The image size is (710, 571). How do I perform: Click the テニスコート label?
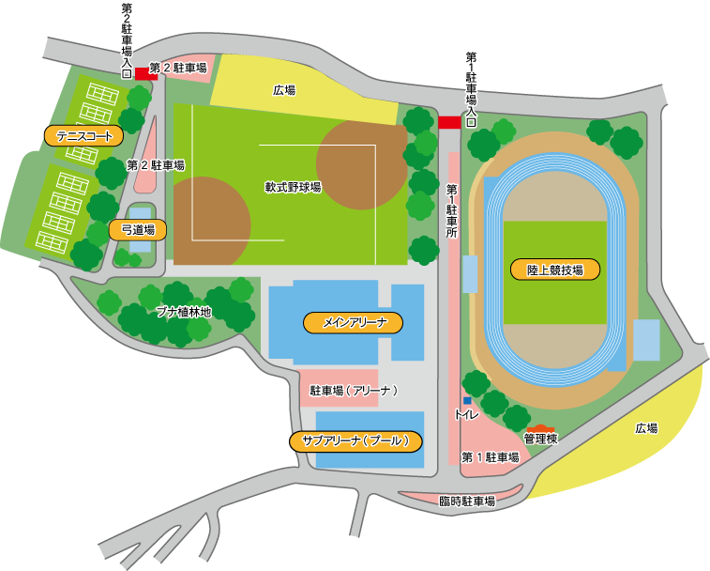coord(83,136)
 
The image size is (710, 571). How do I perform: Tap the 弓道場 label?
coord(138,228)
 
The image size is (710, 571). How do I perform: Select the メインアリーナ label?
coord(353,323)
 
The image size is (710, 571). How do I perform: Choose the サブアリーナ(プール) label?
coord(355,440)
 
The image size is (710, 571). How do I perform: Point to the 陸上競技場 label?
coord(554,270)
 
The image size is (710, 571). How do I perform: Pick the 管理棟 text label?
coord(541,439)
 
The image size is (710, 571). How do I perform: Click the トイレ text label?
coord(466,414)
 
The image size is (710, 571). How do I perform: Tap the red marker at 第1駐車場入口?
coord(449,122)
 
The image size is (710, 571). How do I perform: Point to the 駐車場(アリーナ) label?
coord(355,390)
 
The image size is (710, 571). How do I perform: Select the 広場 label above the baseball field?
coord(284,90)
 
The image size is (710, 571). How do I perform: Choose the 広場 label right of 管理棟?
coord(646,428)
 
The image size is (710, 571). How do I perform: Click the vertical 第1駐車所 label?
coord(451,210)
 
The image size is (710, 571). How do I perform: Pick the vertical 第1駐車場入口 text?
coord(471,89)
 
